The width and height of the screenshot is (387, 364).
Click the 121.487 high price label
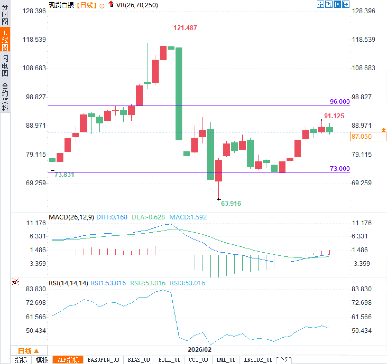185,28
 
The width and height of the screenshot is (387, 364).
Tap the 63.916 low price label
231,203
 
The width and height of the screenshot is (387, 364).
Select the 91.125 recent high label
334,116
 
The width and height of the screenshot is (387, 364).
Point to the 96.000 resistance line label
340,102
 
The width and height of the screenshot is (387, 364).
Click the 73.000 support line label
340,169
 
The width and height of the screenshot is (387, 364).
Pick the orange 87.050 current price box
368,136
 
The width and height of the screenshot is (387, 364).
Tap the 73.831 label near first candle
64,175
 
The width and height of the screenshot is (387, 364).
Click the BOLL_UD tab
169,360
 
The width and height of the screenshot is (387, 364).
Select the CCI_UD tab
198,360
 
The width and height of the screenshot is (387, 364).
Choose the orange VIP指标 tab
68,360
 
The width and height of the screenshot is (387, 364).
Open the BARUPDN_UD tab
103,360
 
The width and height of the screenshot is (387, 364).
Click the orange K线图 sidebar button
5,40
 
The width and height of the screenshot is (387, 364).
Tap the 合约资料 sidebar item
5,97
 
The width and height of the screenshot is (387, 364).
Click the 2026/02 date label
199,349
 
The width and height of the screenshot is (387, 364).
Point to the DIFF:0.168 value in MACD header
112,217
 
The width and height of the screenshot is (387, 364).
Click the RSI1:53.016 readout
108,283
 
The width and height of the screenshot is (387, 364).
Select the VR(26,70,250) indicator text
137,5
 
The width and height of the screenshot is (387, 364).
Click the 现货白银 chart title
61,5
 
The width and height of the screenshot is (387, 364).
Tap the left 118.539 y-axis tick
34,40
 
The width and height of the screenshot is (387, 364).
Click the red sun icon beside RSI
15,282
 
